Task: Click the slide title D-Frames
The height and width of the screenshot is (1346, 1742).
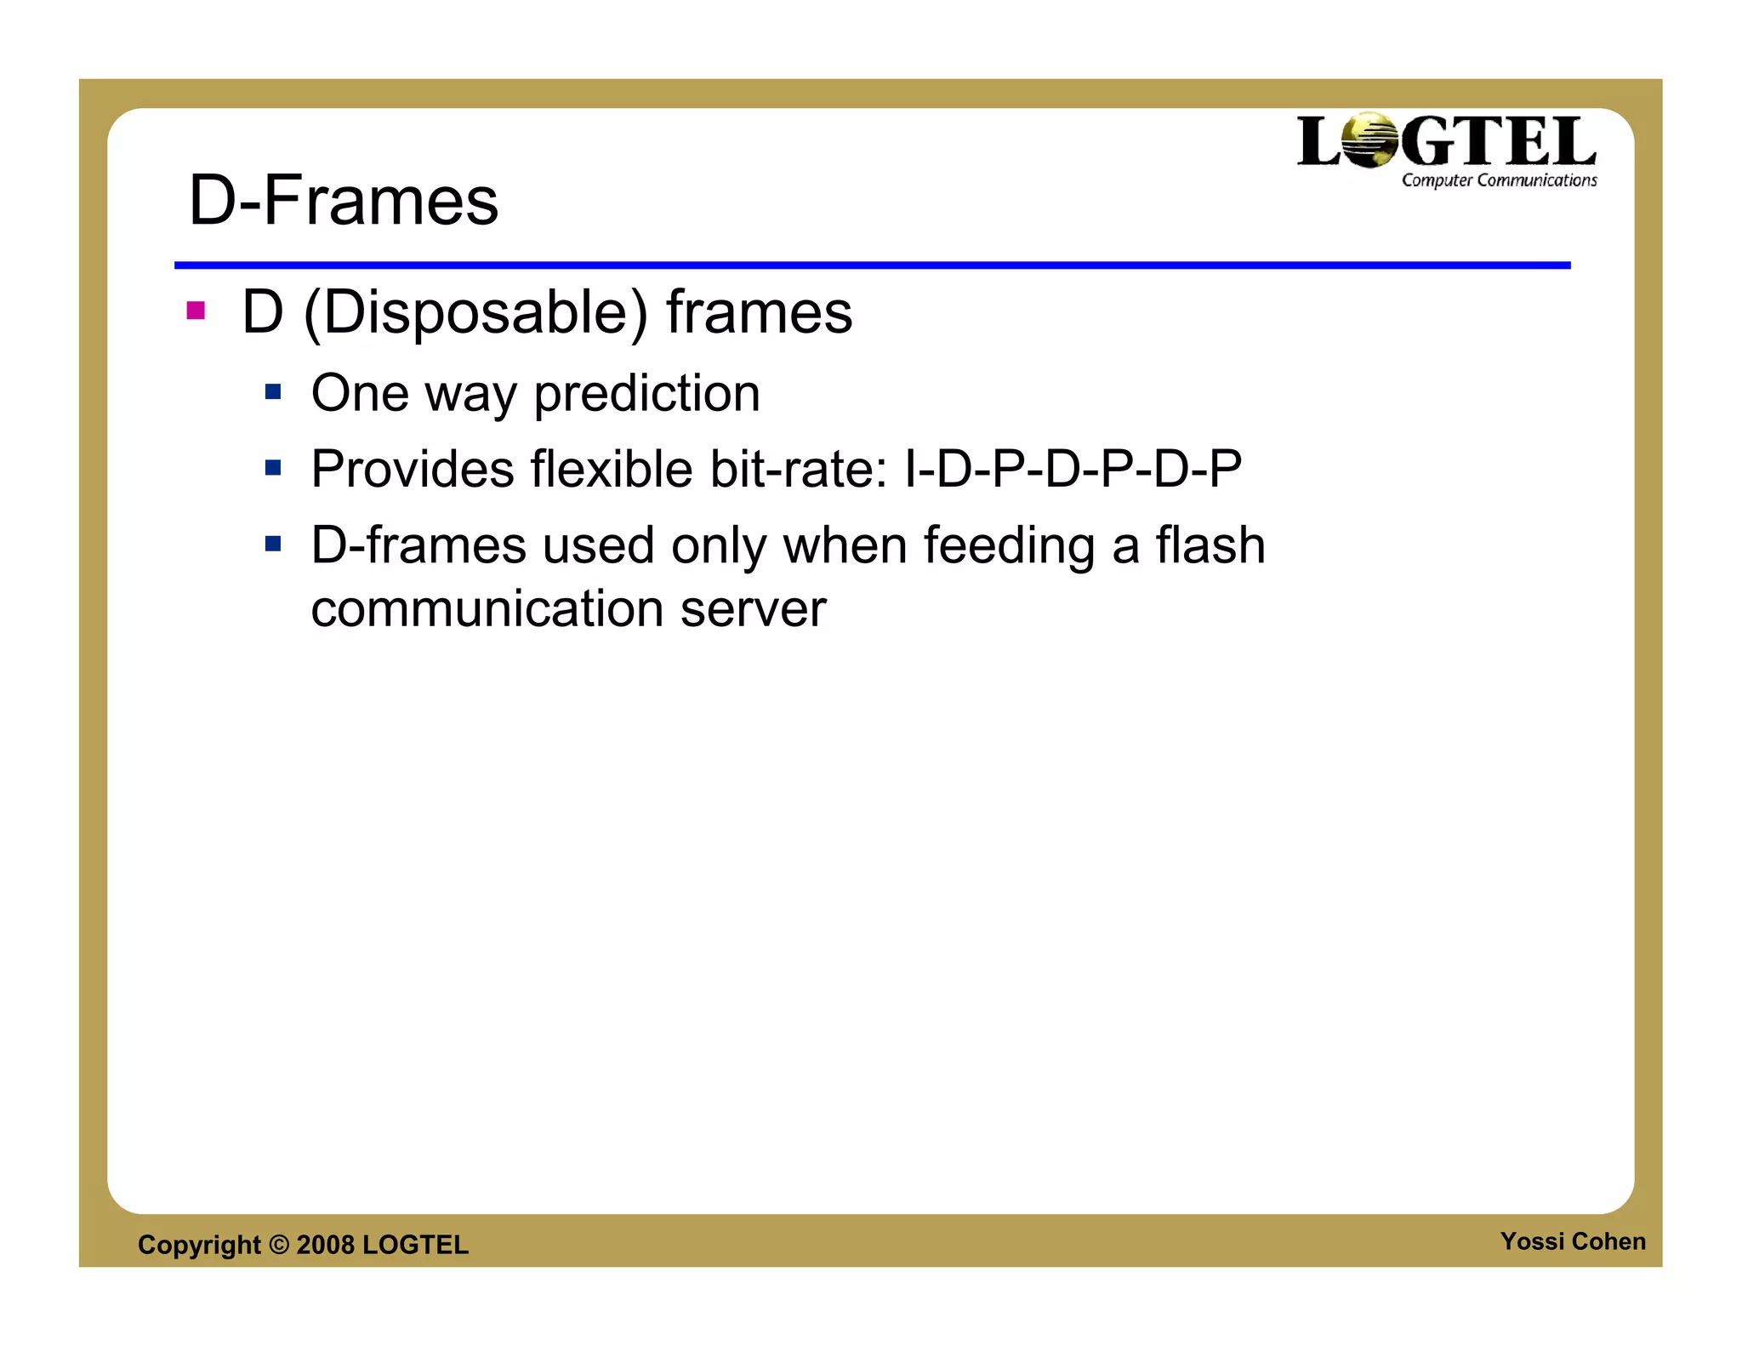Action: coord(343,201)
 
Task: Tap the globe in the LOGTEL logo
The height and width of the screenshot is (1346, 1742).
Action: coord(1369,140)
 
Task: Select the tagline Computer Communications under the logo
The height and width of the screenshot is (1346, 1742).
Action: coord(1499,180)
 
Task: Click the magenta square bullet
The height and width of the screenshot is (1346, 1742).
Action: coord(196,311)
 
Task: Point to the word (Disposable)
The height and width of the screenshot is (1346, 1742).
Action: coord(475,313)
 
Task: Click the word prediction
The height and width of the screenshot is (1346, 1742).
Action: coord(646,394)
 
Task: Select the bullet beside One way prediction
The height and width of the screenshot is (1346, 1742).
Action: coord(273,392)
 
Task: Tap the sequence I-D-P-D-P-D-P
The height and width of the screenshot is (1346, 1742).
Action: coord(1073,469)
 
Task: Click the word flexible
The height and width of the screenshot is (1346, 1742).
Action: coord(612,469)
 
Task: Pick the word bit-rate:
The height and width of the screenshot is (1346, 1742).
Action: coord(800,469)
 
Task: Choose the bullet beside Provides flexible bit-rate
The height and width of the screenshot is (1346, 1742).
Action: coord(273,468)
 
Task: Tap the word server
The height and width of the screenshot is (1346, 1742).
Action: coord(753,609)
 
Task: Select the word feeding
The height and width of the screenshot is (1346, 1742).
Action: coord(1009,546)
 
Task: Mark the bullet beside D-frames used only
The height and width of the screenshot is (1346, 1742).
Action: coord(273,544)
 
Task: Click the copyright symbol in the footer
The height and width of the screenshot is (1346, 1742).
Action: coord(279,1245)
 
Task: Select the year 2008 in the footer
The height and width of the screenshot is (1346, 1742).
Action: coord(325,1245)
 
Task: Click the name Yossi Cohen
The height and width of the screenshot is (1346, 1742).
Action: coord(1573,1241)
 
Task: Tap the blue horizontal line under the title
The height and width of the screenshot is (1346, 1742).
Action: coord(872,265)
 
